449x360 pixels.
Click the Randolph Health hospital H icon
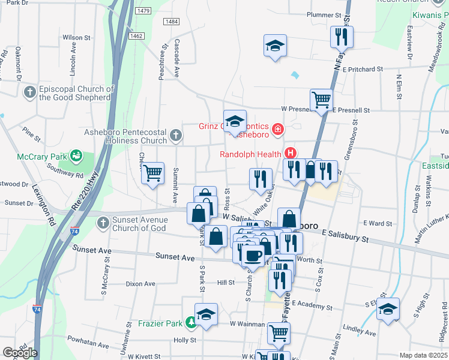291,154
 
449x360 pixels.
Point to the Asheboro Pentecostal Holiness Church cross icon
175,135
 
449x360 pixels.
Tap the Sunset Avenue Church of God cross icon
103,223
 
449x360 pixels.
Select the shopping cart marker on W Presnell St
322,100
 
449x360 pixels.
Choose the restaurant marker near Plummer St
341,36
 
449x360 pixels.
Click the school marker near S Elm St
388,309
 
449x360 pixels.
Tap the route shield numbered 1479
143,11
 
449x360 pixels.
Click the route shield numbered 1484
171,22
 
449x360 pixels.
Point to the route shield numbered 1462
136,36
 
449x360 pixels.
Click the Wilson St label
80,37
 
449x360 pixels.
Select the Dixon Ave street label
141,284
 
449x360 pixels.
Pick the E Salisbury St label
345,236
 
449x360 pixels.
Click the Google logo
20,353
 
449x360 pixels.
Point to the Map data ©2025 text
423,355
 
